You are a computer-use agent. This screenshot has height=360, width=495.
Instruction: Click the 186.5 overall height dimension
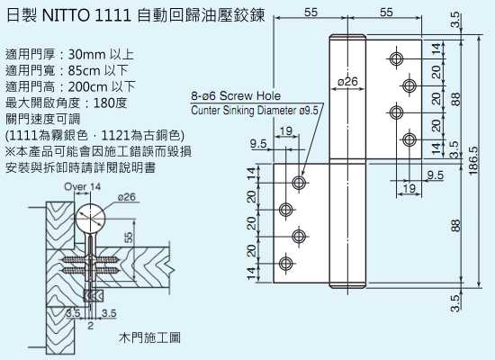(x=472, y=160)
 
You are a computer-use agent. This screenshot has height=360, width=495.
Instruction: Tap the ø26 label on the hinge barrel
(x=347, y=82)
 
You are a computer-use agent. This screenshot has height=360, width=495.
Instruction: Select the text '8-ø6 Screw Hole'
(x=236, y=95)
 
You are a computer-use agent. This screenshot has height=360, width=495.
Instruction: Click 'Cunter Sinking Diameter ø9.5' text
(x=255, y=111)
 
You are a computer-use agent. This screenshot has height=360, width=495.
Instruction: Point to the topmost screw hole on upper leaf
(x=396, y=58)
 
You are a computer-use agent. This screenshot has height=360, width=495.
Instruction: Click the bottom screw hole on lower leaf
(x=285, y=264)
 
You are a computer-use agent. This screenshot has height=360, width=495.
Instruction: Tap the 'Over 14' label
(x=83, y=186)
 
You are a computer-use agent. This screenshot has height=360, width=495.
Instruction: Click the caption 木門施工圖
(x=150, y=337)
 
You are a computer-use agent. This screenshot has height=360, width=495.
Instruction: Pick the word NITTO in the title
(x=66, y=16)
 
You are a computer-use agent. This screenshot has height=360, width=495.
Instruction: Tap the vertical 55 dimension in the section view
(x=129, y=238)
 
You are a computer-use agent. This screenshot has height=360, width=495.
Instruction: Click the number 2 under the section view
(x=91, y=326)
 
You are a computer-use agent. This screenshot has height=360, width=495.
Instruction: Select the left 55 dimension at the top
(x=310, y=12)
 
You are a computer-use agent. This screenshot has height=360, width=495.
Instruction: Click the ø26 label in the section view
(x=127, y=197)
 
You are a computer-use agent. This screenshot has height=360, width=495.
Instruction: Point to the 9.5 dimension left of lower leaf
(x=258, y=144)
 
